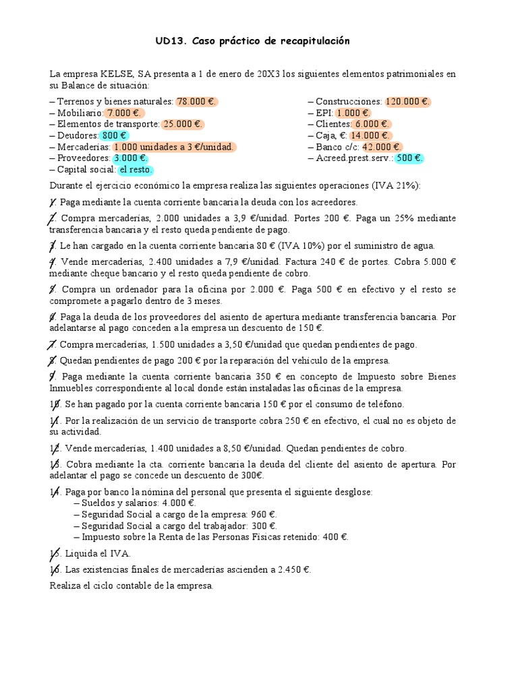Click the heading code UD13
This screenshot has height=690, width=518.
click(x=171, y=42)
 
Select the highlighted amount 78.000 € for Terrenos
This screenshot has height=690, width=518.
click(x=196, y=102)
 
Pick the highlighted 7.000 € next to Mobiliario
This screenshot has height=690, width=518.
click(x=124, y=113)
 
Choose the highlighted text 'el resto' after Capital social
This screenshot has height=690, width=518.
click(x=136, y=170)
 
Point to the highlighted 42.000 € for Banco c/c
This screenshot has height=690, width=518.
click(x=381, y=147)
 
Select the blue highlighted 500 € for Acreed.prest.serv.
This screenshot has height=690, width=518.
click(x=409, y=158)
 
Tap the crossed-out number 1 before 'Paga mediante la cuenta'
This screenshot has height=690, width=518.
click(x=53, y=202)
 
